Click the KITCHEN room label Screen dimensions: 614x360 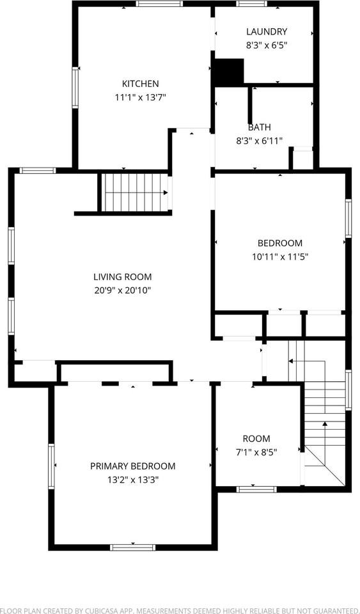(140, 84)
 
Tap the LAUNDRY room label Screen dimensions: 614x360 (267, 31)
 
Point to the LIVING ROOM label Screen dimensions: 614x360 (122, 277)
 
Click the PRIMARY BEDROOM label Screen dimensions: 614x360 (132, 466)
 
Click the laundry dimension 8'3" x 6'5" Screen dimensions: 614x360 (267, 45)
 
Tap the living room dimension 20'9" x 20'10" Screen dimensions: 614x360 (122, 290)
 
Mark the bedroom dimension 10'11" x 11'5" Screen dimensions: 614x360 (279, 256)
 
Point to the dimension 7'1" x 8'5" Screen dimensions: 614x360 (256, 452)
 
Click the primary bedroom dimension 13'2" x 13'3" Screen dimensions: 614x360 (132, 480)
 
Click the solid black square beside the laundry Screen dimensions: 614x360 (229, 72)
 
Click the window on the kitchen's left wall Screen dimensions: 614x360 (75, 88)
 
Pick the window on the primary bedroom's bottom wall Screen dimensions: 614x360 (132, 547)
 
